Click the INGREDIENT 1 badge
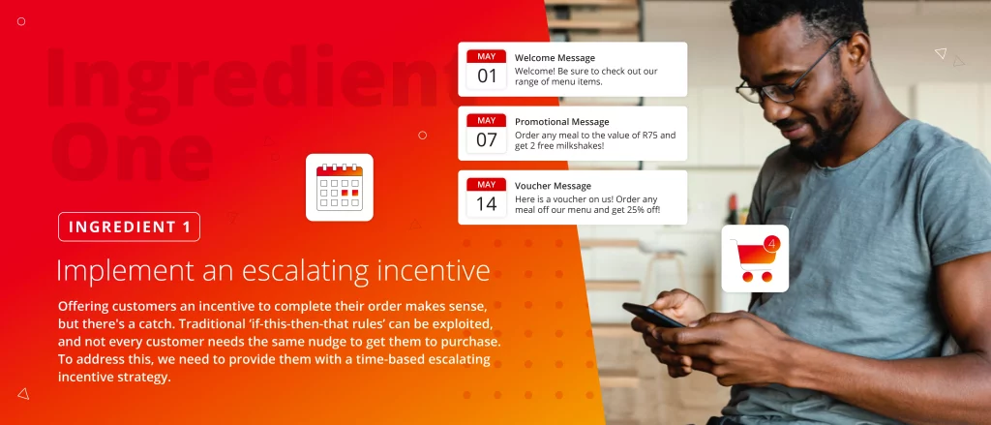pyautogui.click(x=129, y=227)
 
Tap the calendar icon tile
pyautogui.click(x=340, y=187)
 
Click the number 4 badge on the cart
pyautogui.click(x=771, y=244)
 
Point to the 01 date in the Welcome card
pyautogui.click(x=487, y=76)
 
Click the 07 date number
pyautogui.click(x=487, y=140)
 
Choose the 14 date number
pyautogui.click(x=487, y=204)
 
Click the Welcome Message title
pyautogui.click(x=555, y=58)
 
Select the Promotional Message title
pyautogui.click(x=562, y=122)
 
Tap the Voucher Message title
pyautogui.click(x=553, y=186)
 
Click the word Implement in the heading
pyautogui.click(x=125, y=271)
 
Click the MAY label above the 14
pyautogui.click(x=487, y=185)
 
